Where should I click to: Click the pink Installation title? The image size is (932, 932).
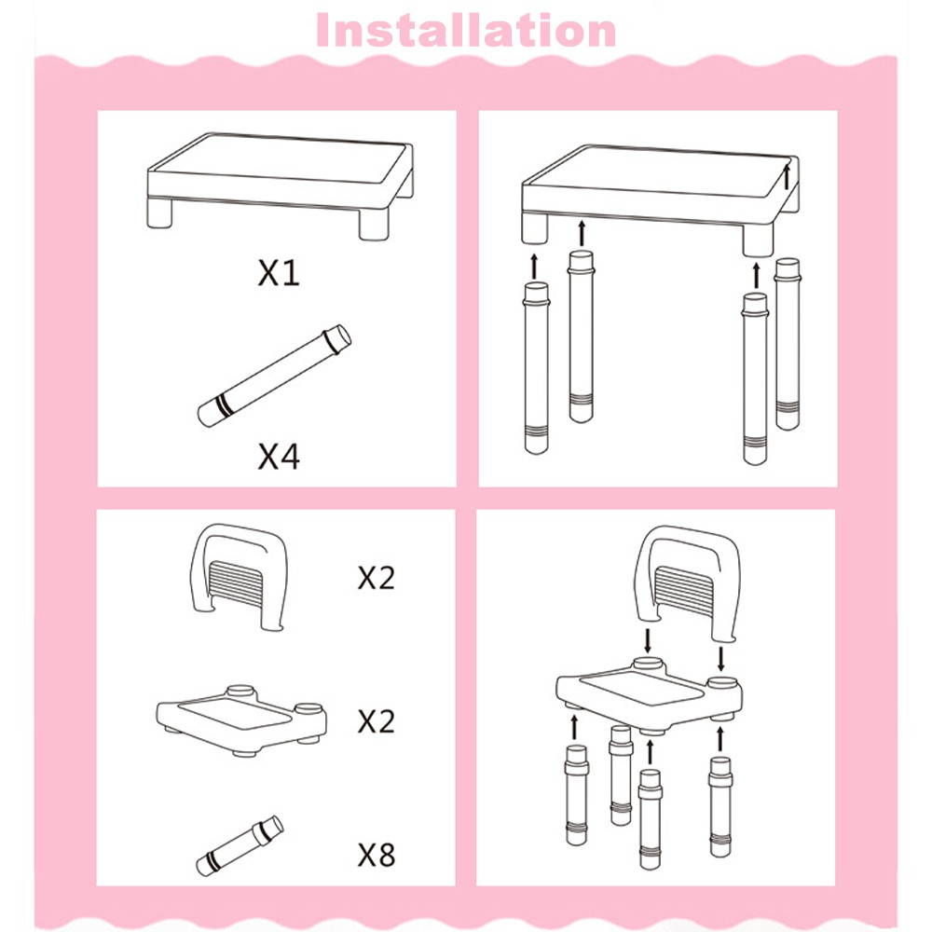point(466,30)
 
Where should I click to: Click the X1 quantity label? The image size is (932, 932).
point(279,273)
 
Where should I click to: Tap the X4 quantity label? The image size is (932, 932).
point(279,457)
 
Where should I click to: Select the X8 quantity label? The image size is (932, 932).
point(377,855)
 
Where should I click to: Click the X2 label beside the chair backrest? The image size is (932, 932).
point(377,578)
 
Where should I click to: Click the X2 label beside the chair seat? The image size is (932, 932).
point(377,720)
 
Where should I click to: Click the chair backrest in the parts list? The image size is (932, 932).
point(239,577)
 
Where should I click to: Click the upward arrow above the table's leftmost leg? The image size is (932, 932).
point(535,264)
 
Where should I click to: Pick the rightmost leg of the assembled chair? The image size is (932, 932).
point(720,806)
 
